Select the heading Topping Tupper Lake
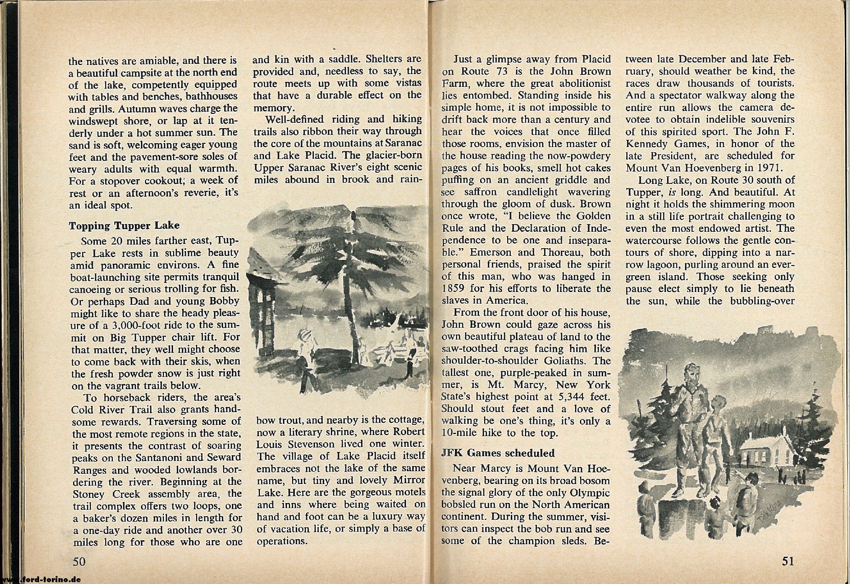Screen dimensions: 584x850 tap(125, 226)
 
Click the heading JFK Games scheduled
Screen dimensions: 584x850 tap(498, 453)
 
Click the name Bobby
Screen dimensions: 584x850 tap(223, 301)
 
